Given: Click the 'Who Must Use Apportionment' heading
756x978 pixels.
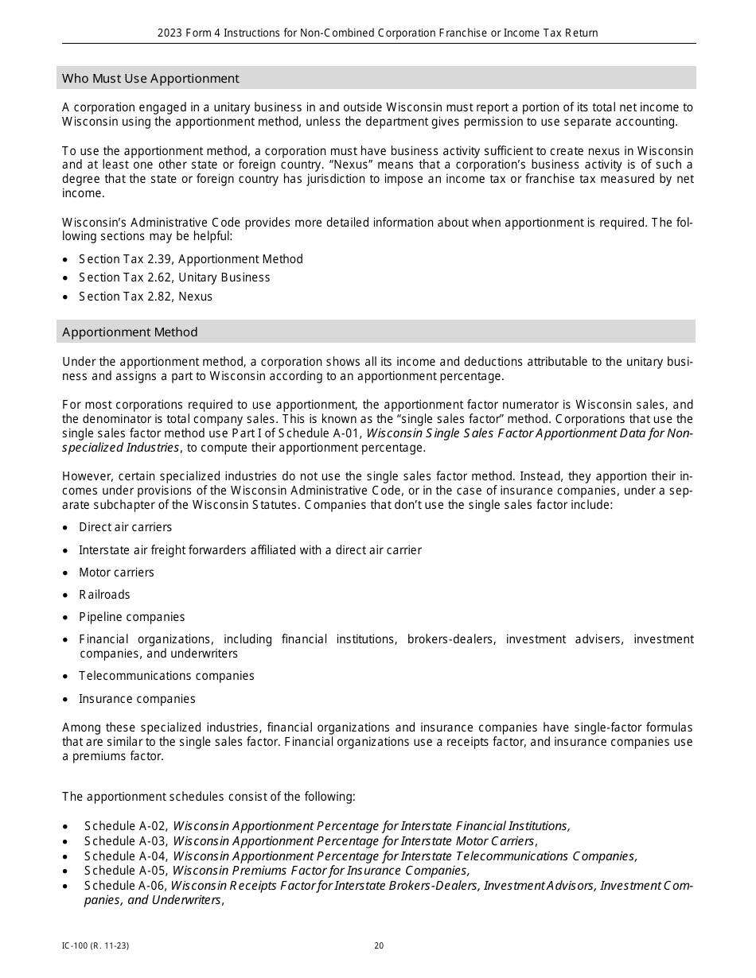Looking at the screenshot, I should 150,78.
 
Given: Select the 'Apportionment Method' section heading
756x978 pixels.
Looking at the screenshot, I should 130,332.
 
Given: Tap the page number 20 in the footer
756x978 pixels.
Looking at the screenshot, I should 379,945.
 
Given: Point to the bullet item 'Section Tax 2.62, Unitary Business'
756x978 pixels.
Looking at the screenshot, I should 174,277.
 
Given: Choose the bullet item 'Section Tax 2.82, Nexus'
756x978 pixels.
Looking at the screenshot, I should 146,297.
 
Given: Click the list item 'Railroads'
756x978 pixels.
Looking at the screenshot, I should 104,595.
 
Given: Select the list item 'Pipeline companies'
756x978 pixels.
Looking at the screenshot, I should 131,617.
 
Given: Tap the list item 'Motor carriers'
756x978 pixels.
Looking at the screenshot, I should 116,572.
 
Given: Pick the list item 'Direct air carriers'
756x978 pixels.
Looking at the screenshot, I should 125,527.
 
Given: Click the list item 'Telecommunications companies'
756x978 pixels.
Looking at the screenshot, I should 166,676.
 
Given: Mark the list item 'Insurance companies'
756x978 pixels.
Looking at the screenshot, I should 137,699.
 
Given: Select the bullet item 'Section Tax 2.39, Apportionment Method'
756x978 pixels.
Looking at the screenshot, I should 191,259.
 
